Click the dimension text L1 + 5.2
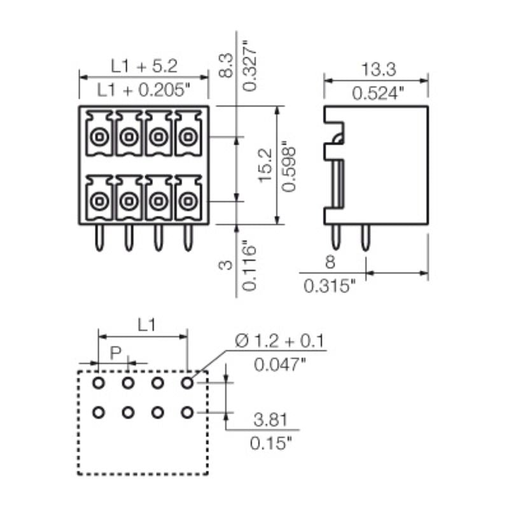144,65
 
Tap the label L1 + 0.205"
144,90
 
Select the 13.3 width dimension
375,68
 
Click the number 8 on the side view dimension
330,262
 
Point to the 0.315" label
329,286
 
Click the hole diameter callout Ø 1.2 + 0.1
279,342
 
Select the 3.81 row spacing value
270,420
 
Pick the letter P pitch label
115,352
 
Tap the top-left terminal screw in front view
99,136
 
